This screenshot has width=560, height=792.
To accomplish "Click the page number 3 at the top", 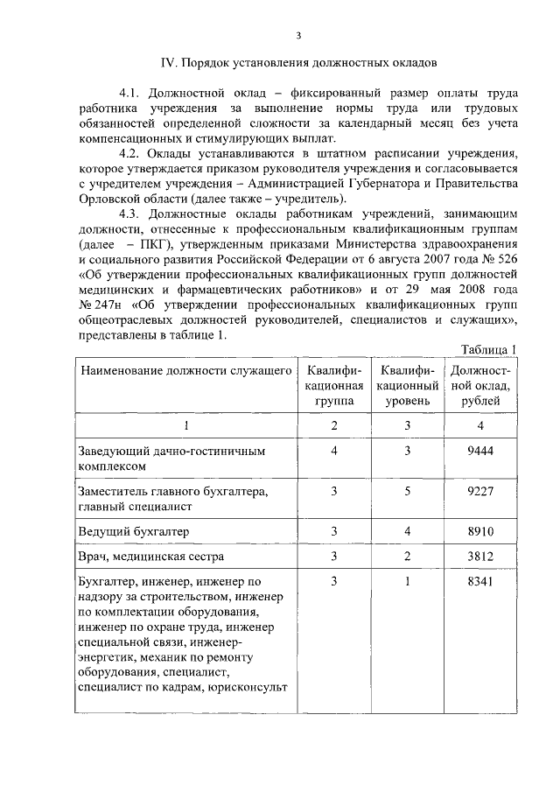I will pyautogui.click(x=298, y=34).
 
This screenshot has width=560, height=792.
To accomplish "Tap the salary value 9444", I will pyautogui.click(x=481, y=451).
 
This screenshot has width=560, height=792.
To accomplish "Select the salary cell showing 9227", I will pyautogui.click(x=481, y=492).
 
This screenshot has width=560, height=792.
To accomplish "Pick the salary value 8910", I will pyautogui.click(x=481, y=530).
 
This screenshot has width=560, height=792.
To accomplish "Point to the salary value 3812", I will pyautogui.click(x=481, y=556).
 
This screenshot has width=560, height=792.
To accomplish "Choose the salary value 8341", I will pyautogui.click(x=481, y=581).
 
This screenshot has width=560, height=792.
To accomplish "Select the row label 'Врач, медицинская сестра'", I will pyautogui.click(x=151, y=556).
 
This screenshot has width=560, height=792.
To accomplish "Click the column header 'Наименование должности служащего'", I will pyautogui.click(x=186, y=371).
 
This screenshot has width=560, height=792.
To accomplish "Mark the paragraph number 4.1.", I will pyautogui.click(x=129, y=92).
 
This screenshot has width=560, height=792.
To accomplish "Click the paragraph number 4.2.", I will pyautogui.click(x=129, y=151).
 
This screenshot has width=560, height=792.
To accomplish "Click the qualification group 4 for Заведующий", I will pyautogui.click(x=335, y=451).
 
